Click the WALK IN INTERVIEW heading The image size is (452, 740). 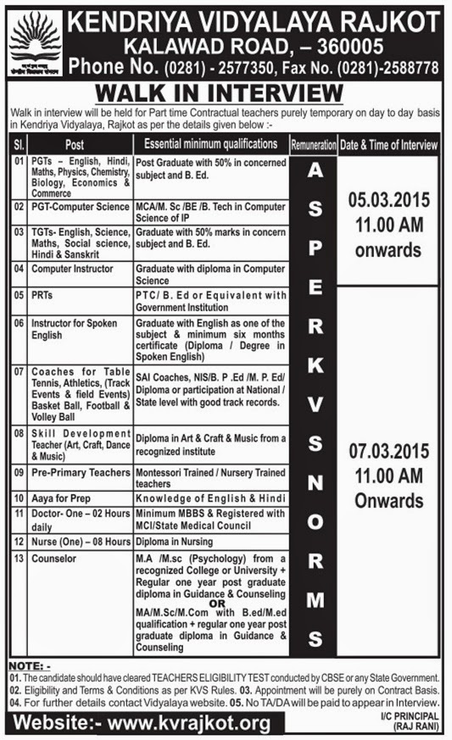pos(226,92)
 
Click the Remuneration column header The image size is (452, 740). pos(313,145)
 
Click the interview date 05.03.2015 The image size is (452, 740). pos(389,202)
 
